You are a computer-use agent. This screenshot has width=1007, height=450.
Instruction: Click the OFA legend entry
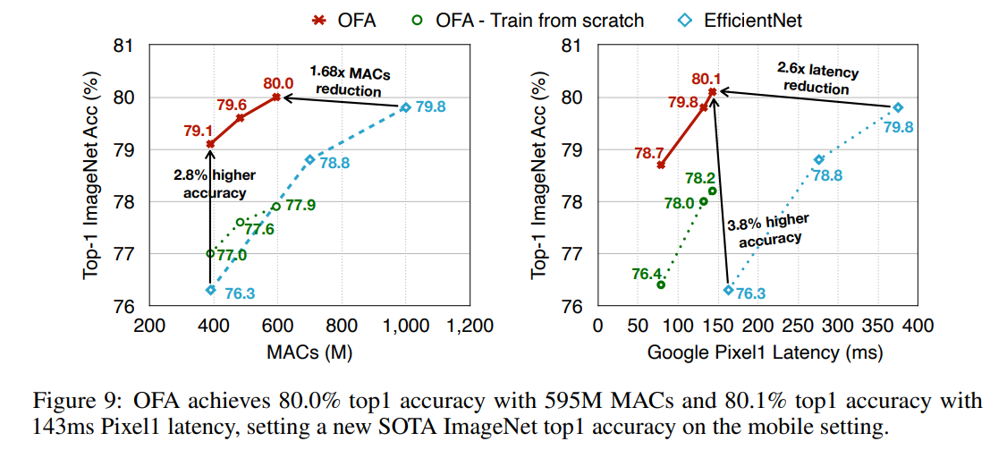[x=343, y=21]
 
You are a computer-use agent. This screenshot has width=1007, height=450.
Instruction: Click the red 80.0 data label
[x=277, y=82]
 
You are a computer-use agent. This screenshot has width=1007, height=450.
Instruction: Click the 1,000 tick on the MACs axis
[x=405, y=326]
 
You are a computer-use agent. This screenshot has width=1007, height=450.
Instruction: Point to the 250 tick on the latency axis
[x=799, y=326]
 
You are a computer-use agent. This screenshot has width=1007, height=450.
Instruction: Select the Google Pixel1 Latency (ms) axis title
[x=765, y=352]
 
